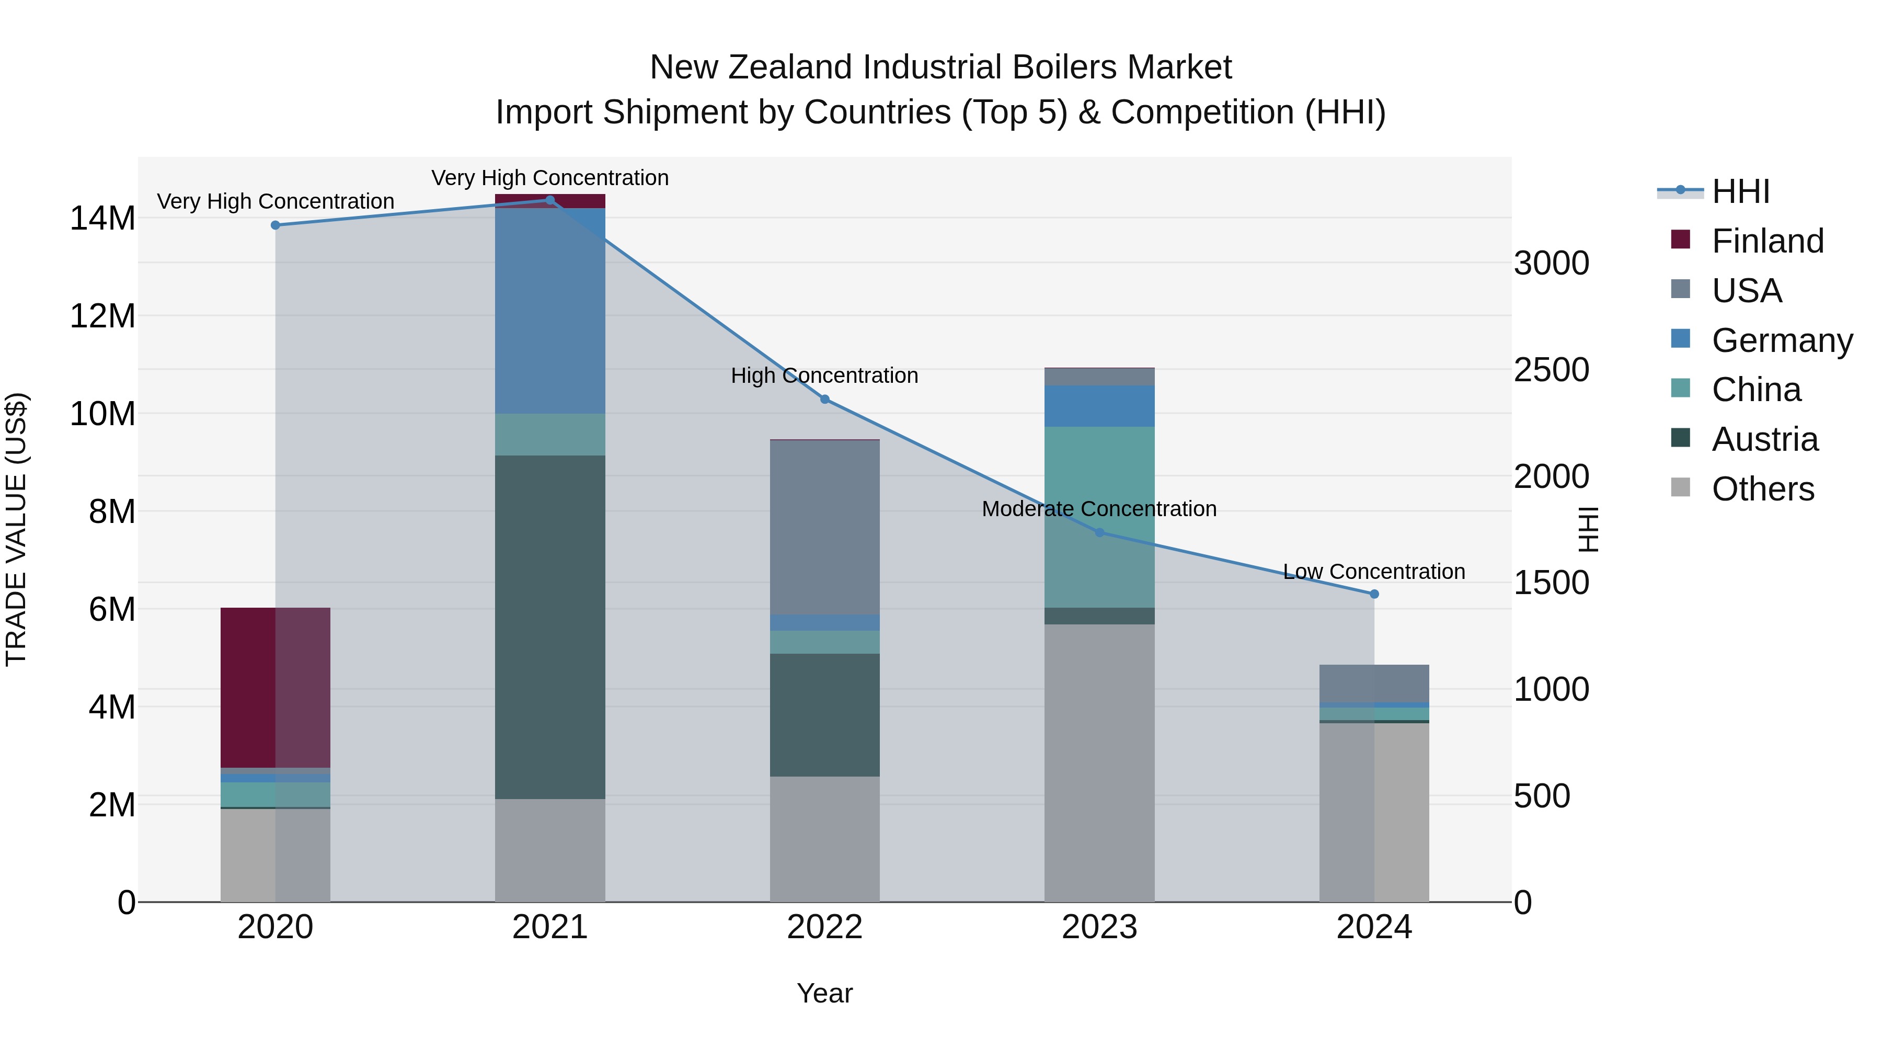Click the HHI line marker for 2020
[x=276, y=225]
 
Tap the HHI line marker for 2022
[x=825, y=399]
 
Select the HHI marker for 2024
[x=1374, y=594]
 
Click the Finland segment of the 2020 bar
[x=276, y=687]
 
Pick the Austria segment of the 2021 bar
[x=550, y=627]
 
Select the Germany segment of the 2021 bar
[x=550, y=311]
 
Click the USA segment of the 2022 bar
[x=825, y=527]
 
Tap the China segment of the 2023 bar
[x=1099, y=517]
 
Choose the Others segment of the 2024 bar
[x=1374, y=811]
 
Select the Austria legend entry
[x=1764, y=439]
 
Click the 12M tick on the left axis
[x=102, y=316]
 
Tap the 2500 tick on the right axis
[x=1551, y=370]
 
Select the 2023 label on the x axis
[x=1099, y=927]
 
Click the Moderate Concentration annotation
[x=1099, y=509]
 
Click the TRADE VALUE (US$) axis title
[x=16, y=529]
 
